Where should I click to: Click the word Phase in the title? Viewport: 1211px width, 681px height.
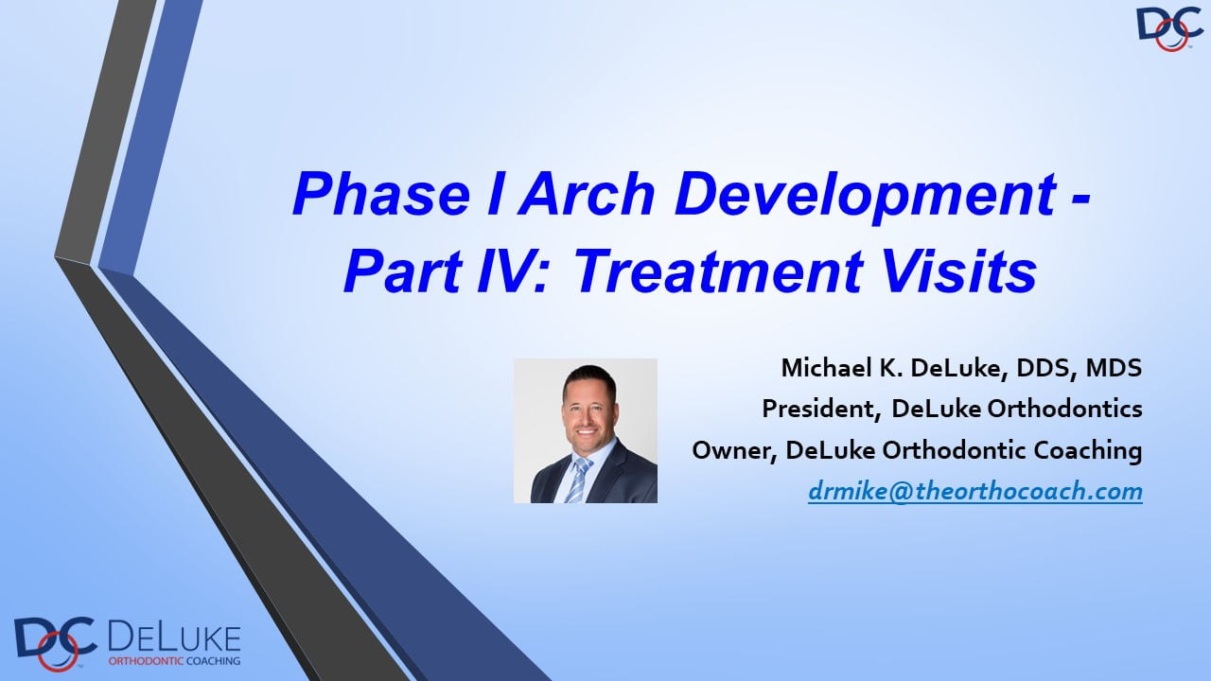pos(381,194)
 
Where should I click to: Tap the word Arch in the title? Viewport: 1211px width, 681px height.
pos(588,194)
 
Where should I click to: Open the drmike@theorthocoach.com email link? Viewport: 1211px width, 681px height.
pos(975,491)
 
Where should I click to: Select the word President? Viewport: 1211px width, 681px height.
pos(817,410)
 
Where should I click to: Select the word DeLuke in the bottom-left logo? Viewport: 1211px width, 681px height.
pos(174,638)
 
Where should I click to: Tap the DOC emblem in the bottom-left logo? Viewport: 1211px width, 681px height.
pos(55,643)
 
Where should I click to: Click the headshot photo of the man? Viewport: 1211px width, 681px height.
pos(586,430)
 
